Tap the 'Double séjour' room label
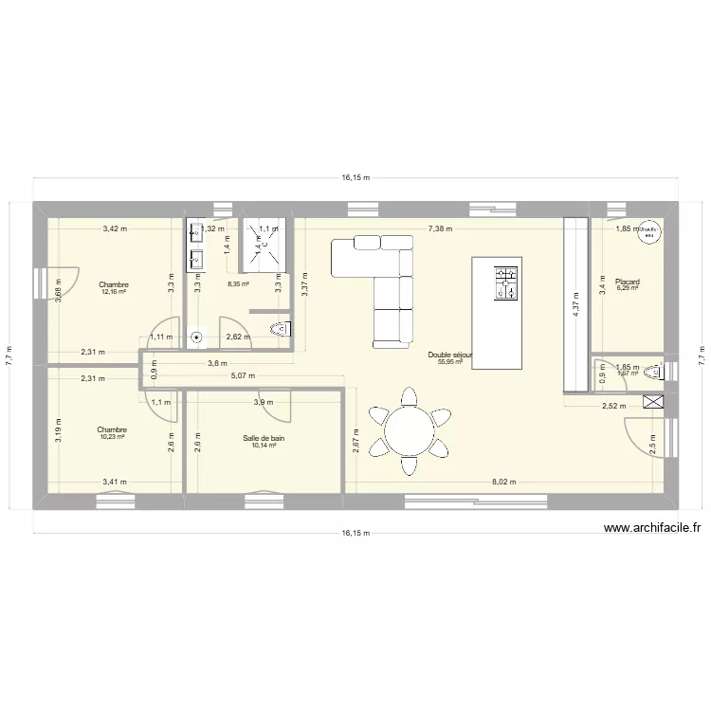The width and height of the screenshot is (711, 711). (x=450, y=355)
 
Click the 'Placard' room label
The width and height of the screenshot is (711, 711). (x=627, y=282)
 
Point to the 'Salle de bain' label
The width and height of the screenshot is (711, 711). (x=264, y=438)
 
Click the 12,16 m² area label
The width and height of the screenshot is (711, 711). (x=115, y=292)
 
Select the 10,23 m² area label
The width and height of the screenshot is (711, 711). (x=112, y=438)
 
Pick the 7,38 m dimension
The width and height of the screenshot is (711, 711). (x=440, y=228)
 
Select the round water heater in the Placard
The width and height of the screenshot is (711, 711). (x=649, y=233)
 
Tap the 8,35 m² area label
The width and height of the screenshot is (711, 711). (x=237, y=283)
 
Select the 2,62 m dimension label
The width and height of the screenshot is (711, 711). (x=238, y=337)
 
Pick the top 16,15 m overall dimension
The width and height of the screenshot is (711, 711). (x=355, y=177)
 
